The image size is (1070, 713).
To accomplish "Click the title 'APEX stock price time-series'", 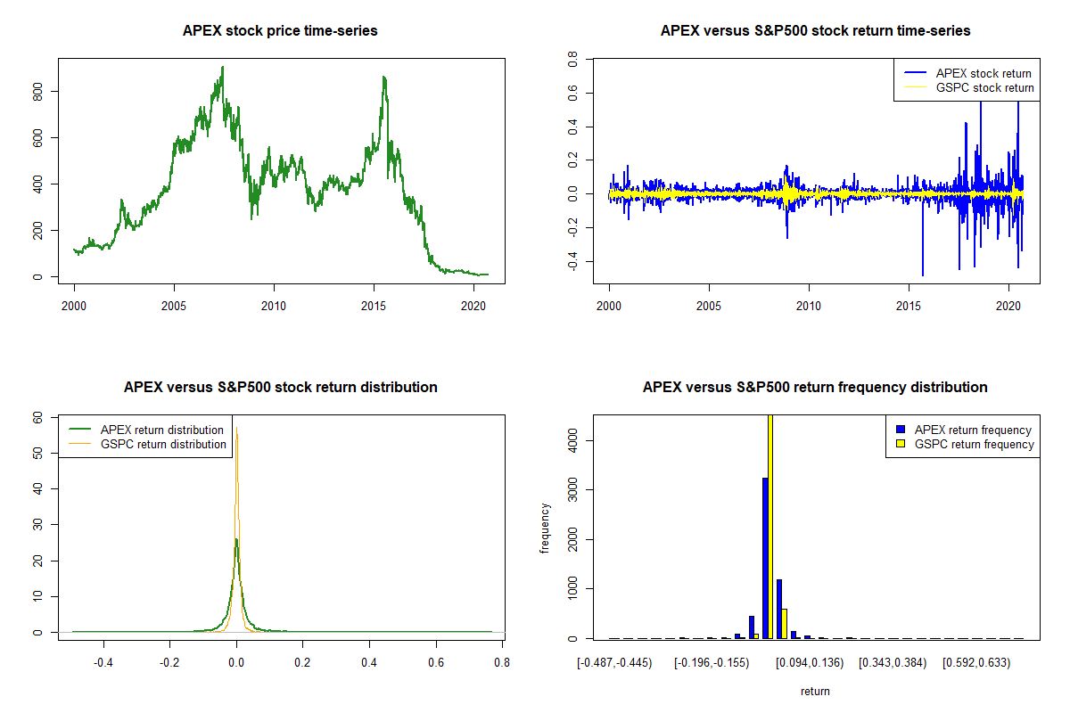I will pyautogui.click(x=280, y=31).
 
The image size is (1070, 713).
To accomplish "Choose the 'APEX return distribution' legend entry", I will pyautogui.click(x=162, y=430).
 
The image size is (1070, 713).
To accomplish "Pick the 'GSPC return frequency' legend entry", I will pyautogui.click(x=973, y=444).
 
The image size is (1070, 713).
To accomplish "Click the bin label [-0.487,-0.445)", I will pyautogui.click(x=614, y=662).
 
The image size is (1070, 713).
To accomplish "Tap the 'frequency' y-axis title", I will pyautogui.click(x=545, y=528).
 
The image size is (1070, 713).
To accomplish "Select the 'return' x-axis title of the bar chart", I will pyautogui.click(x=815, y=692).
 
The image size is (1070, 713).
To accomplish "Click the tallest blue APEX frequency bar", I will pyautogui.click(x=765, y=558).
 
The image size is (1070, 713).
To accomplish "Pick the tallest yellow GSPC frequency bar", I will pyautogui.click(x=770, y=526).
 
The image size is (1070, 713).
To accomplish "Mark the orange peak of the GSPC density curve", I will pyautogui.click(x=236, y=434).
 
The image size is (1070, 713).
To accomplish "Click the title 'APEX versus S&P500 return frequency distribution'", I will pyautogui.click(x=815, y=388).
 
